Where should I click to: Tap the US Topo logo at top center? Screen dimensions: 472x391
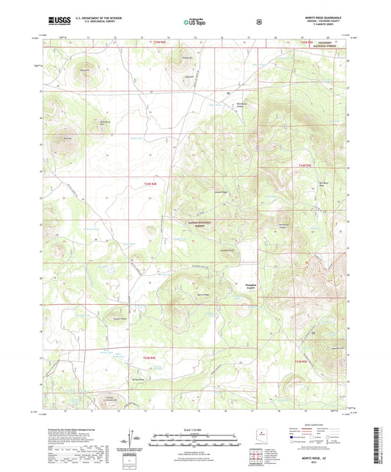tap(195, 22)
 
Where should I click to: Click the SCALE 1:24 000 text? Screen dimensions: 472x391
tap(195, 429)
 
